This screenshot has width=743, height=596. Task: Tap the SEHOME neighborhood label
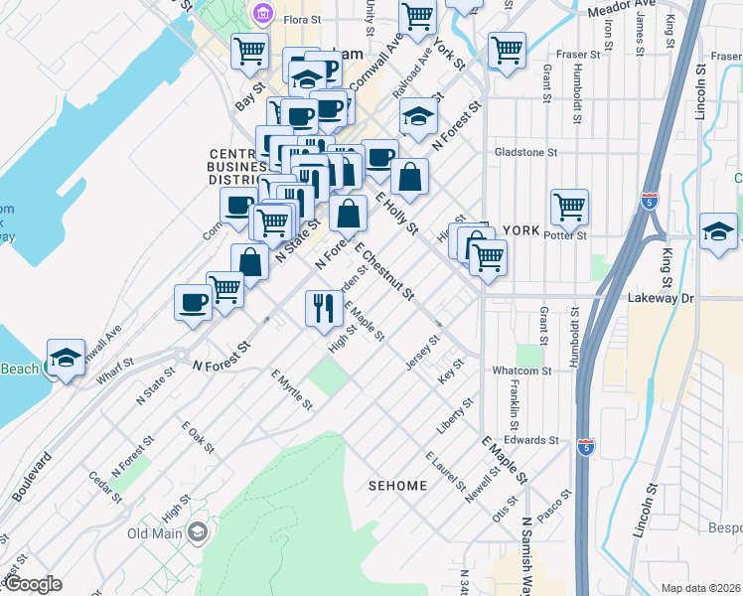point(397,486)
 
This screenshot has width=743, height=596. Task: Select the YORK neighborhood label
point(521,229)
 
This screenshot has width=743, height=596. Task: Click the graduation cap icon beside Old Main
point(197,532)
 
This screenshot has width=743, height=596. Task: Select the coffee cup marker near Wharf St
point(193,303)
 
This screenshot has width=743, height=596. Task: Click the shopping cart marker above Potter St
point(570,208)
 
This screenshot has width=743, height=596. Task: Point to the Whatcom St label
point(521,371)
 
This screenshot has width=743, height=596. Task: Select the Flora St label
point(302,19)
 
